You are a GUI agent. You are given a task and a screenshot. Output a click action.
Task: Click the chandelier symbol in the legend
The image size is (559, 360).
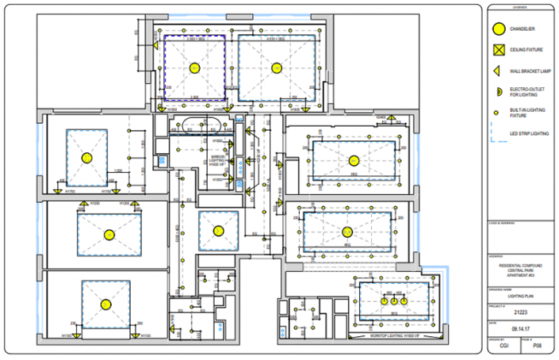498,29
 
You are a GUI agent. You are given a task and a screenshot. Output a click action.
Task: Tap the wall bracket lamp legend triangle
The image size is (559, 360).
497,71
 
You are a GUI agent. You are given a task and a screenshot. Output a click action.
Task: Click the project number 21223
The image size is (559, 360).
520,312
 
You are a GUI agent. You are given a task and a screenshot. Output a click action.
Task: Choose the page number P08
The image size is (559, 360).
537,346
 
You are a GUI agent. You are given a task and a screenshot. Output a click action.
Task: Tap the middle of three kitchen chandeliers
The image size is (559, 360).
392,301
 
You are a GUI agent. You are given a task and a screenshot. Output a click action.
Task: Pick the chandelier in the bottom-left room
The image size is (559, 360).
104,304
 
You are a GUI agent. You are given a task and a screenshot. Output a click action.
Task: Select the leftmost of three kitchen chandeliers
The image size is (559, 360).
383,301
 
